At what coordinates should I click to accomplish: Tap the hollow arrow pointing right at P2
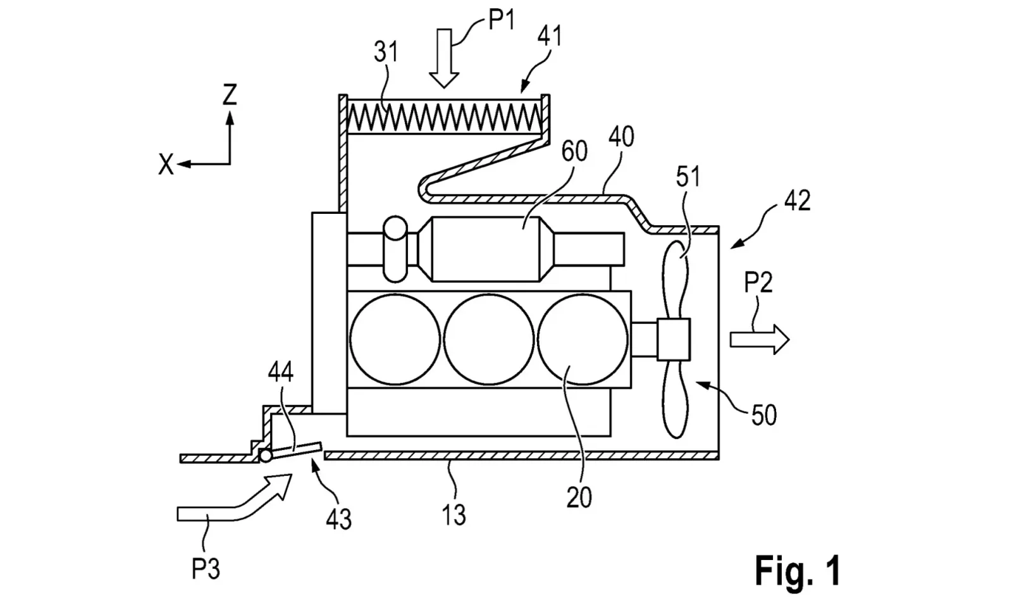pyautogui.click(x=760, y=339)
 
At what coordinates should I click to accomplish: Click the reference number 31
pyautogui.click(x=386, y=51)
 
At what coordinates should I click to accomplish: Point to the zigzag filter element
pyautogui.click(x=444, y=117)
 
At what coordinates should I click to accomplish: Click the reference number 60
pyautogui.click(x=574, y=151)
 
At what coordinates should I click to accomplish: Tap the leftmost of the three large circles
pyautogui.click(x=395, y=340)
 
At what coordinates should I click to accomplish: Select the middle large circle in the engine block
pyautogui.click(x=489, y=340)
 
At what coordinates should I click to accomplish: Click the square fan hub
pyautogui.click(x=674, y=340)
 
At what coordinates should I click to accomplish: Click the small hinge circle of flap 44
pyautogui.click(x=266, y=456)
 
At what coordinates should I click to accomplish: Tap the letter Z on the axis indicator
pyautogui.click(x=230, y=94)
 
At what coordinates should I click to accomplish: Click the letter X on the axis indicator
pyautogui.click(x=166, y=164)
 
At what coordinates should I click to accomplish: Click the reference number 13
pyautogui.click(x=453, y=515)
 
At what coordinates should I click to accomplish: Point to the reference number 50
pyautogui.click(x=764, y=415)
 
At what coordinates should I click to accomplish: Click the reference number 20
pyautogui.click(x=579, y=498)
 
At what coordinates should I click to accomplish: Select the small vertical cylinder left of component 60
pyautogui.click(x=395, y=249)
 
